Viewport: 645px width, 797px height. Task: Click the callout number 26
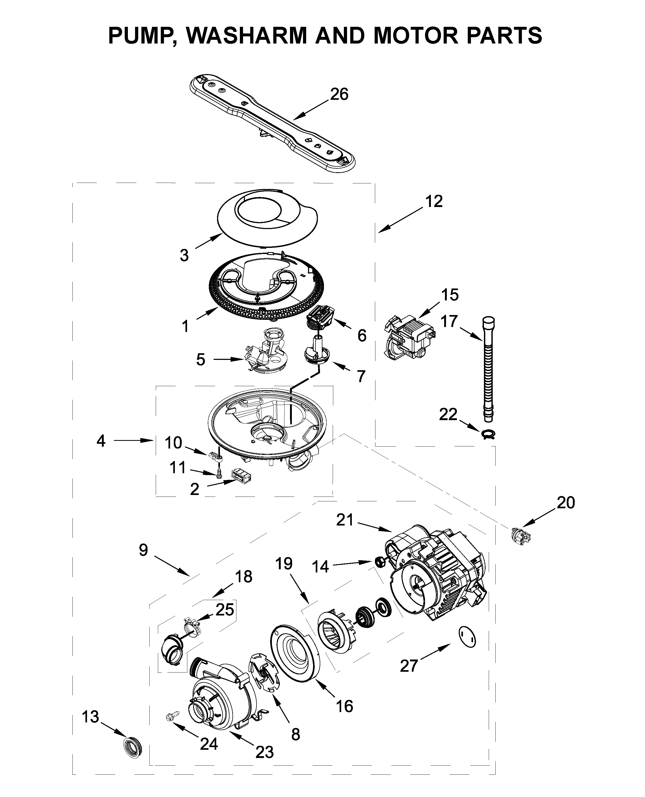[339, 94]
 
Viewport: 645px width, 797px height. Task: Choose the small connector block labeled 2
[241, 475]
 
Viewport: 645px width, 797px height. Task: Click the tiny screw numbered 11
[219, 473]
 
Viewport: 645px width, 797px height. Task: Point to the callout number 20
[565, 503]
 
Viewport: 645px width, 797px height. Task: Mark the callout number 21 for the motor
[345, 520]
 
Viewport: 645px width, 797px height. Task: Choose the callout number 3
[184, 256]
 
